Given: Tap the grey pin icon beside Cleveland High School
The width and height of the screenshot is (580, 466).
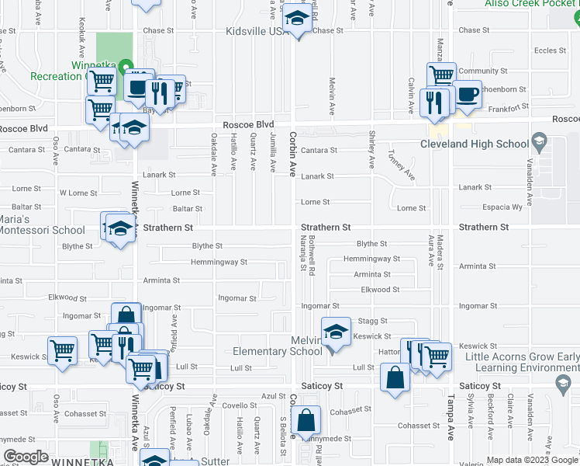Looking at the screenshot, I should click(x=539, y=142).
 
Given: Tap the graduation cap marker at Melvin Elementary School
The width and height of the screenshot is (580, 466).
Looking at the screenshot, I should click(x=335, y=332).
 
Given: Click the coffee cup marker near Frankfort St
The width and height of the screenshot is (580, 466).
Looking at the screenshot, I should click(x=467, y=95).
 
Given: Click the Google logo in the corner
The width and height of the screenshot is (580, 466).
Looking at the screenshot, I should click(x=25, y=457).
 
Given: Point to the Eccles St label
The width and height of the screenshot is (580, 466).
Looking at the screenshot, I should click(x=546, y=50).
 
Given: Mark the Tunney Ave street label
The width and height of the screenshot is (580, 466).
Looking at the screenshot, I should click(x=402, y=165).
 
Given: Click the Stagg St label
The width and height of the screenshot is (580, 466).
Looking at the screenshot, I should click(x=372, y=321).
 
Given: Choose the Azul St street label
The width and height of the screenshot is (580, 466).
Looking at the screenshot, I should click(x=274, y=396).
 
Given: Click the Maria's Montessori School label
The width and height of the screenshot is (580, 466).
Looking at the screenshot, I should click(x=42, y=224).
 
